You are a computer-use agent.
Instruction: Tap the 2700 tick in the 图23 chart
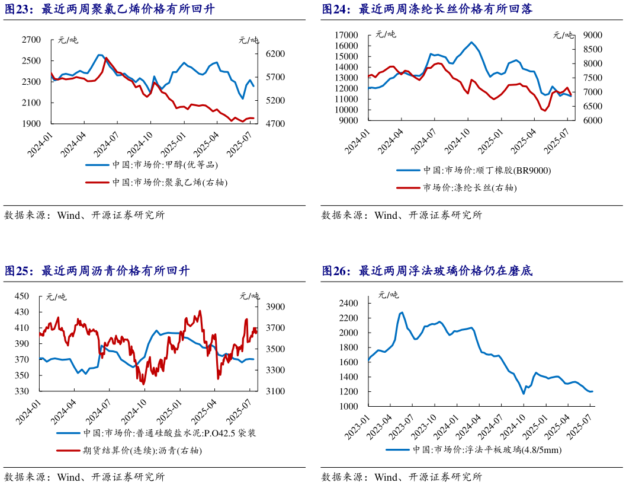coord(31,40)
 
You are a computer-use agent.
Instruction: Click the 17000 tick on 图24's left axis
coord(346,35)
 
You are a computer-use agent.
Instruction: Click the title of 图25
coord(97,271)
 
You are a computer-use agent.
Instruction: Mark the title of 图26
coord(427,271)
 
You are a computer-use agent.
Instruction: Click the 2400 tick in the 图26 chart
coord(349,303)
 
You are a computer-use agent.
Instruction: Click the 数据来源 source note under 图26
coord(402,477)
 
